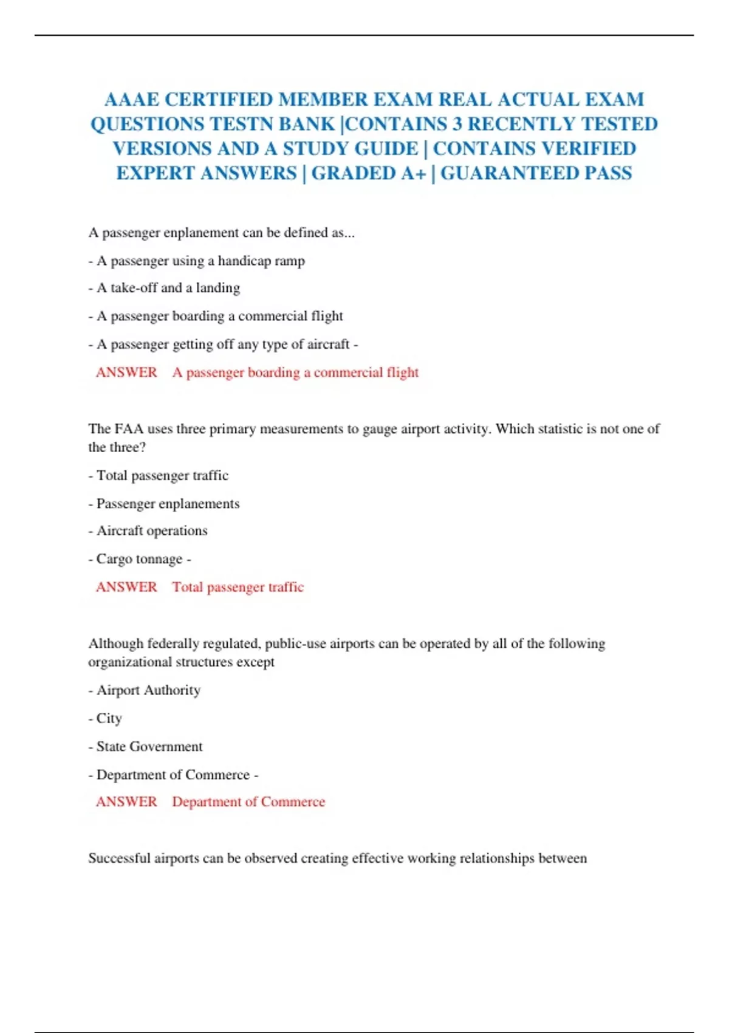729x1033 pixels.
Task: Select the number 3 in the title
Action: pyautogui.click(x=456, y=124)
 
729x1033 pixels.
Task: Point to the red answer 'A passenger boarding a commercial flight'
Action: pyautogui.click(x=295, y=372)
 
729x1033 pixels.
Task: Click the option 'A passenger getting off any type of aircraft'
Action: pyautogui.click(x=223, y=345)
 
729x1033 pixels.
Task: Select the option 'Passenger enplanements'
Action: pyautogui.click(x=168, y=504)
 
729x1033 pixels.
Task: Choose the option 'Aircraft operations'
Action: pyautogui.click(x=152, y=531)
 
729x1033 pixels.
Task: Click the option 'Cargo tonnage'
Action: pyautogui.click(x=139, y=559)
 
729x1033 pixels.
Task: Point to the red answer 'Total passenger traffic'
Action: pyautogui.click(x=238, y=587)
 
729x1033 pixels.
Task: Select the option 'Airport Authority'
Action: pyautogui.click(x=148, y=690)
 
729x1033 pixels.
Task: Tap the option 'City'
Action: pyautogui.click(x=109, y=718)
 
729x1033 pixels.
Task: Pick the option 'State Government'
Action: pyautogui.click(x=149, y=746)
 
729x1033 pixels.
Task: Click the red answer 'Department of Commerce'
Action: pyautogui.click(x=248, y=802)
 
